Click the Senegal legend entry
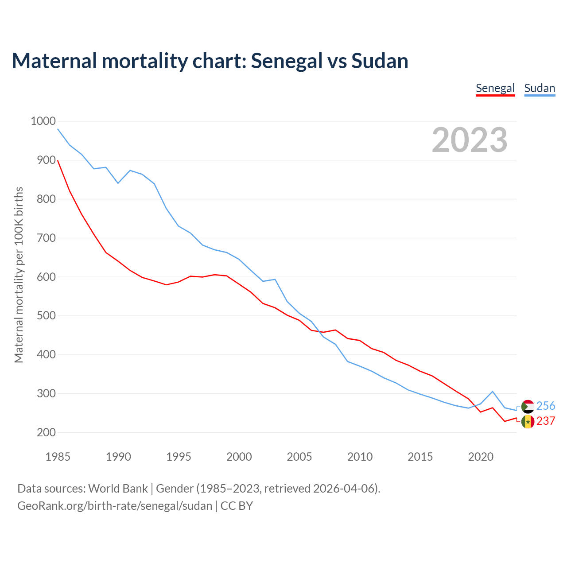[x=495, y=88]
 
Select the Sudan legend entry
[x=539, y=88]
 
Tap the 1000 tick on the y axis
[x=43, y=121]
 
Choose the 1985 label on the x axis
[x=58, y=457]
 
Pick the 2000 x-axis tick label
[x=239, y=457]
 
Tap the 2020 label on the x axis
[x=481, y=457]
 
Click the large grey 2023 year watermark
[x=470, y=140]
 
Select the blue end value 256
[x=546, y=406]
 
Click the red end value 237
[x=546, y=421]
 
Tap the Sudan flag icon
[x=528, y=406]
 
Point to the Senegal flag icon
[x=528, y=421]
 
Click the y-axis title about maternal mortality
[x=19, y=275]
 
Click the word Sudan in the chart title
[x=380, y=61]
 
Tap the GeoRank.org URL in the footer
[x=115, y=505]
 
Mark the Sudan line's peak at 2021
[x=493, y=391]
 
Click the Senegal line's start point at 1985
[x=58, y=160]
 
